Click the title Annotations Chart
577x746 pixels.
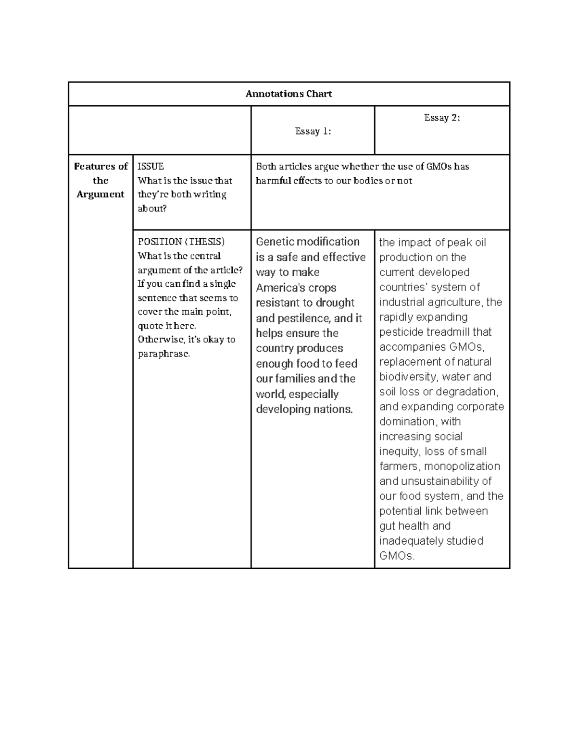pos(288,94)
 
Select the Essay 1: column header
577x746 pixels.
pos(313,131)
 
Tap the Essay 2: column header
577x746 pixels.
pos(442,118)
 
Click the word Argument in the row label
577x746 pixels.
pos(100,195)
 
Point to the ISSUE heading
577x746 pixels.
pos(151,167)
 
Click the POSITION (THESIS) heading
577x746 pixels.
pos(181,242)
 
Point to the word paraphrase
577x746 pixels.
pos(163,354)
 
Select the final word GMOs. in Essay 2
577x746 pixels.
pos(397,556)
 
